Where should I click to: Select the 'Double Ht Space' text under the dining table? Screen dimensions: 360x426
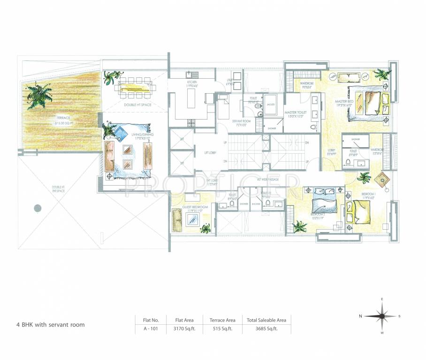137,105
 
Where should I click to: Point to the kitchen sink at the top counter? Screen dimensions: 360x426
191,74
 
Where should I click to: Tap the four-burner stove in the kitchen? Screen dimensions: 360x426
191,122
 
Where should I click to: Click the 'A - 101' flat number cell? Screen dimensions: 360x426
151,329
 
